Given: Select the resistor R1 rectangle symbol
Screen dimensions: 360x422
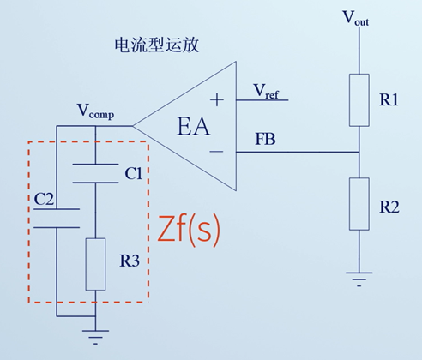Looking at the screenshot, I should click(x=358, y=99).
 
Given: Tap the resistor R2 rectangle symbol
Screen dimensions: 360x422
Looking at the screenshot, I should click(x=358, y=204).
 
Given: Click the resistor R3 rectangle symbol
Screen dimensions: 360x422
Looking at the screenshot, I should click(x=95, y=264).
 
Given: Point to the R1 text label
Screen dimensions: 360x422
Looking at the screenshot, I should click(x=389, y=100).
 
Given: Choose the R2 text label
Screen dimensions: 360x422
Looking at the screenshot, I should click(x=389, y=207).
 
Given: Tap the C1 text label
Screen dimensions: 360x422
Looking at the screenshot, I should click(x=133, y=174).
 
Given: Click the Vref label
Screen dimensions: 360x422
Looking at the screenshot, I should click(x=268, y=89).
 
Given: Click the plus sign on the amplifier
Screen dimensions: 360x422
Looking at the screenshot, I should click(x=217, y=100).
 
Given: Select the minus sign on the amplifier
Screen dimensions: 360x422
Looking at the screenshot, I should click(x=217, y=152).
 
